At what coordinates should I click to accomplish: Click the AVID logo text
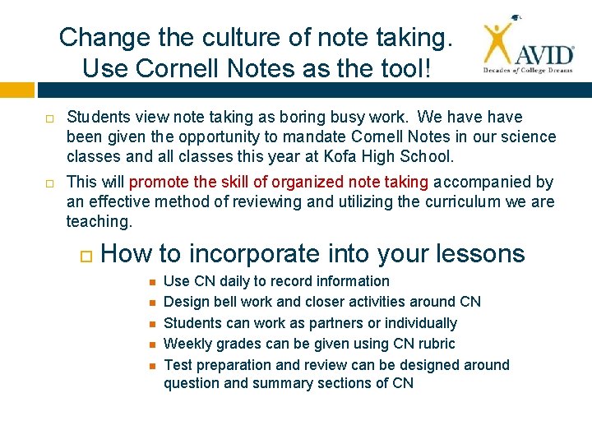(x=544, y=56)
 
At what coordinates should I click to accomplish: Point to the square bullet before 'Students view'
(x=49, y=118)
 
